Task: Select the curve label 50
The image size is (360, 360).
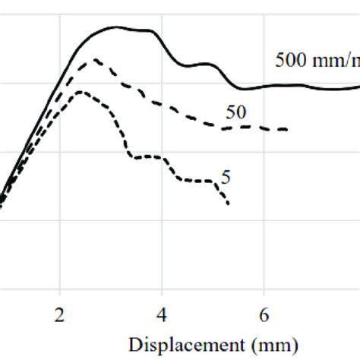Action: (x=236, y=112)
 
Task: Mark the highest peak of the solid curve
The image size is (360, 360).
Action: (x=116, y=27)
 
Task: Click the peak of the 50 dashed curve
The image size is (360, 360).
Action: (x=95, y=59)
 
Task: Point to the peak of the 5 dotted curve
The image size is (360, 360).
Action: (x=82, y=92)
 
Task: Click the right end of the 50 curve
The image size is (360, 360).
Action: (x=287, y=130)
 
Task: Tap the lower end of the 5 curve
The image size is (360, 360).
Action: (x=228, y=204)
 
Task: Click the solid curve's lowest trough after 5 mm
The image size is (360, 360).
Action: (x=242, y=88)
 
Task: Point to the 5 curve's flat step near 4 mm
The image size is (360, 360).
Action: (x=148, y=156)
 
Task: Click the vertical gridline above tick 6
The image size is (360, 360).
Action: (x=264, y=190)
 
